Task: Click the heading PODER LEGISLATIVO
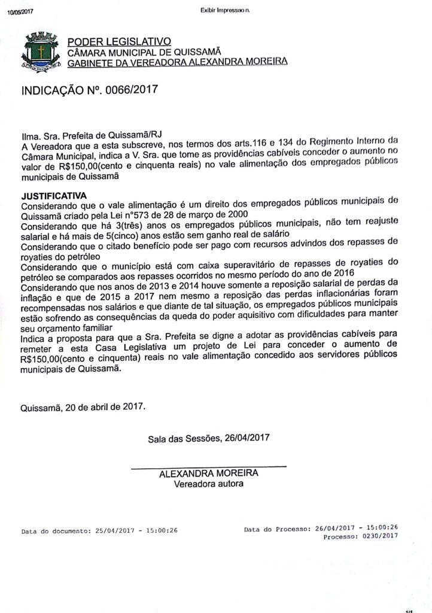tap(118, 41)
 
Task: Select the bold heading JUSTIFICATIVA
tap(54, 195)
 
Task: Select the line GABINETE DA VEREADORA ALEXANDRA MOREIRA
tap(177, 61)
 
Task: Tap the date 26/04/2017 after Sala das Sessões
tap(247, 438)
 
